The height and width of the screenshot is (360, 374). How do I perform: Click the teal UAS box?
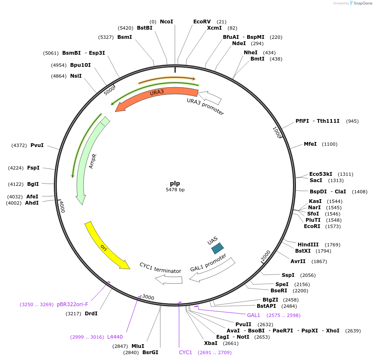click(x=217, y=248)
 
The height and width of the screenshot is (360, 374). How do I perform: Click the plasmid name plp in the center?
click(x=175, y=183)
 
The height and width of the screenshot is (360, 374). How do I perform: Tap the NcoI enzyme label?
click(x=166, y=22)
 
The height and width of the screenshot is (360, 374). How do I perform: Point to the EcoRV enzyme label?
click(x=202, y=22)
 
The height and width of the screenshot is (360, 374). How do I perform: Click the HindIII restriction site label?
click(x=308, y=244)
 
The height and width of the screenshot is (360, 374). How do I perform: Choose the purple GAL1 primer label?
click(x=253, y=315)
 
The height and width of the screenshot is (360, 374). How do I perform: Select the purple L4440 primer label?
click(x=115, y=337)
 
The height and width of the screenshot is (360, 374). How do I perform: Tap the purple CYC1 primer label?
click(x=185, y=352)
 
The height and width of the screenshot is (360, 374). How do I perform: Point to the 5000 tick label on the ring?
click(x=109, y=90)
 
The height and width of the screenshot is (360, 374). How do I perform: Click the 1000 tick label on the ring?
click(x=277, y=132)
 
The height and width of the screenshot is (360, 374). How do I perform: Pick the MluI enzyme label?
click(x=138, y=346)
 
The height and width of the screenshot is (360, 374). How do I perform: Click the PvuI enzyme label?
click(x=37, y=145)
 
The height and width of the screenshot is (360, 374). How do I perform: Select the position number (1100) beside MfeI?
click(x=330, y=144)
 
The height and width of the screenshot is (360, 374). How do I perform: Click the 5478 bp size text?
click(x=175, y=190)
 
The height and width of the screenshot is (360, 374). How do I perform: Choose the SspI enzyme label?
click(x=288, y=275)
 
